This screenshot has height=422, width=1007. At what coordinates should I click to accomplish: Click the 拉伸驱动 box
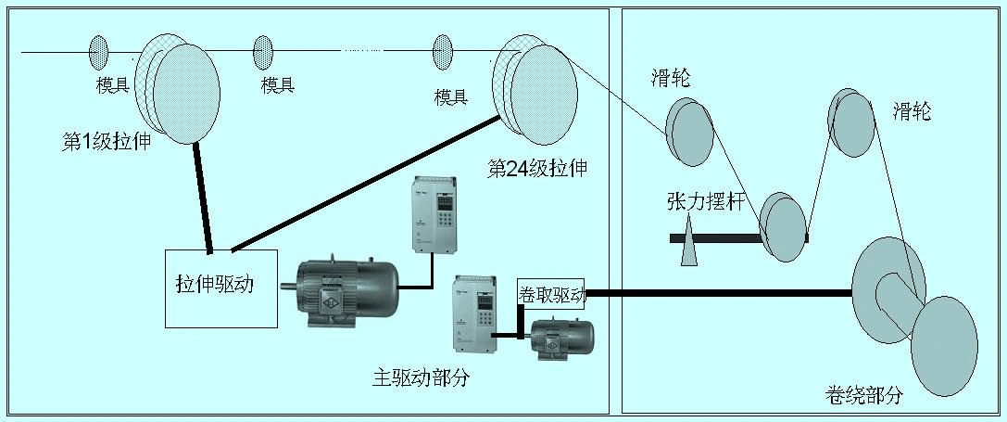click(221, 288)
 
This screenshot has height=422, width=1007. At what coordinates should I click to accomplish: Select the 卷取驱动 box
click(552, 294)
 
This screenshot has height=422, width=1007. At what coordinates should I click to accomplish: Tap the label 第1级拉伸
click(107, 143)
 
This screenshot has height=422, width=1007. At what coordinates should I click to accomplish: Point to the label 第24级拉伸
click(537, 169)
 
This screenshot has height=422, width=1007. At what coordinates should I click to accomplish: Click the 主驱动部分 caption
click(421, 378)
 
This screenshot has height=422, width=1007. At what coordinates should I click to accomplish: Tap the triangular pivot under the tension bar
click(689, 243)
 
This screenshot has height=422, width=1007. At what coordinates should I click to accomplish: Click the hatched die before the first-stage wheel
click(98, 52)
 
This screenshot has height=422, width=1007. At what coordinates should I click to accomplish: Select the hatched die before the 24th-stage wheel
click(443, 52)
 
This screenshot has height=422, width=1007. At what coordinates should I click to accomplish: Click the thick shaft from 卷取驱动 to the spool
click(718, 294)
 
